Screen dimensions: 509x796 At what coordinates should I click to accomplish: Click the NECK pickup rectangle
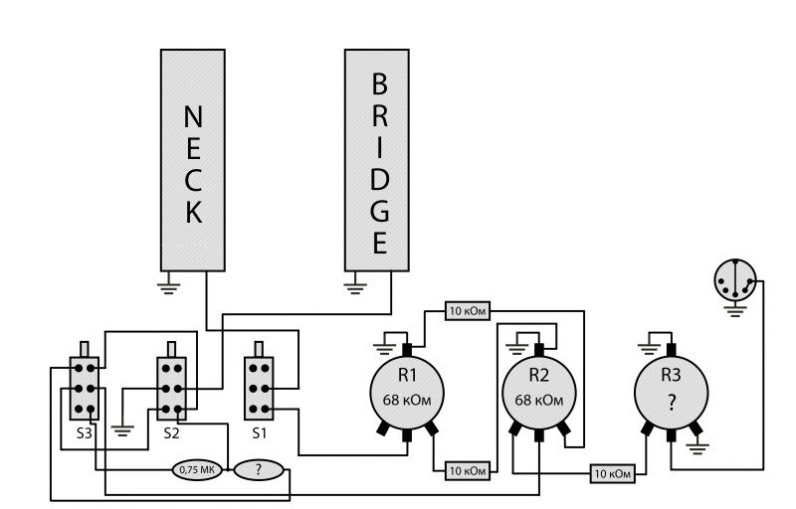point(195,159)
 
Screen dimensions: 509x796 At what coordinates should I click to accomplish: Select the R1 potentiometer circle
point(405,391)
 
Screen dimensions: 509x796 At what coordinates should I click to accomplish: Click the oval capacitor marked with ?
point(260,469)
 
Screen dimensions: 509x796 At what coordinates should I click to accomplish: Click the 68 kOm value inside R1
point(405,400)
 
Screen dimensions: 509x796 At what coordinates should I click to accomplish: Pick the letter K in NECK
point(195,211)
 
